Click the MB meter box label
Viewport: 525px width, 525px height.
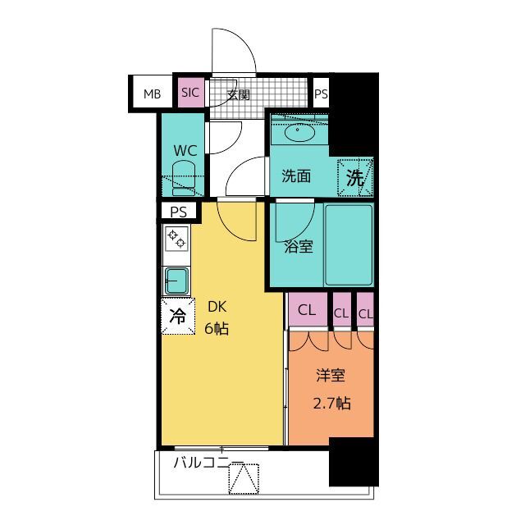152,94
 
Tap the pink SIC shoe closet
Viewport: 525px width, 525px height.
190,93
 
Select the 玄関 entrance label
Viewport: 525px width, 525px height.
239,95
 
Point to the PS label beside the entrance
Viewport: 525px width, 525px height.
321,94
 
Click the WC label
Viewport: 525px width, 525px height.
185,151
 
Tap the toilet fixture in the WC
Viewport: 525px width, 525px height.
184,178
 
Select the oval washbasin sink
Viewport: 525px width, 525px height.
299,132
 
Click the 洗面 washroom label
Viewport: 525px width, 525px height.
296,176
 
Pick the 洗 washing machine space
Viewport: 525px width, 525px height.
355,177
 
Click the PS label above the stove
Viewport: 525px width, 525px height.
179,212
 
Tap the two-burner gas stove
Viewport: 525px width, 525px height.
176,239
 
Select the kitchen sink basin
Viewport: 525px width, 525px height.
176,281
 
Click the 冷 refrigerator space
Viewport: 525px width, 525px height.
178,316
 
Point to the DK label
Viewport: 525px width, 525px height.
217,307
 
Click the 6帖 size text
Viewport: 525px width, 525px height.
217,329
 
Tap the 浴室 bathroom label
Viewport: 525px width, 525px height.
299,247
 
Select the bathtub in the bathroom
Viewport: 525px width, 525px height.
349,245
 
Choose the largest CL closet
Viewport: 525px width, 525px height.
308,309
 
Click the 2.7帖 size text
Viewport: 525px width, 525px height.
331,404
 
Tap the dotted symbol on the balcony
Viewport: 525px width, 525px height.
244,479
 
